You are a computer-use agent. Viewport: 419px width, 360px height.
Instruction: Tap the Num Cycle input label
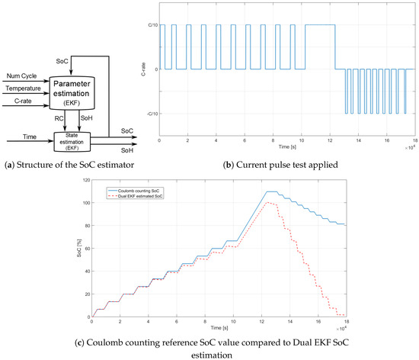pos(22,76)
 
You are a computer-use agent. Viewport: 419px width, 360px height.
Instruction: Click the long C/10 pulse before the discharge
pos(319,25)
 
